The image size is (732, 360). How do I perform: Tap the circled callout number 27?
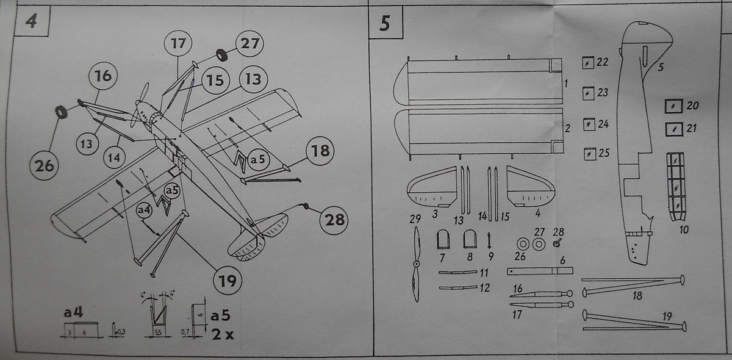tap(249, 45)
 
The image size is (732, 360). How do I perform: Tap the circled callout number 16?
tap(103, 78)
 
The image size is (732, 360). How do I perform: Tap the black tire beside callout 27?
tap(221, 54)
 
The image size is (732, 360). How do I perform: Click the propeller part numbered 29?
tap(415, 264)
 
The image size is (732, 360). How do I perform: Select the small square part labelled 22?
tap(588, 63)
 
